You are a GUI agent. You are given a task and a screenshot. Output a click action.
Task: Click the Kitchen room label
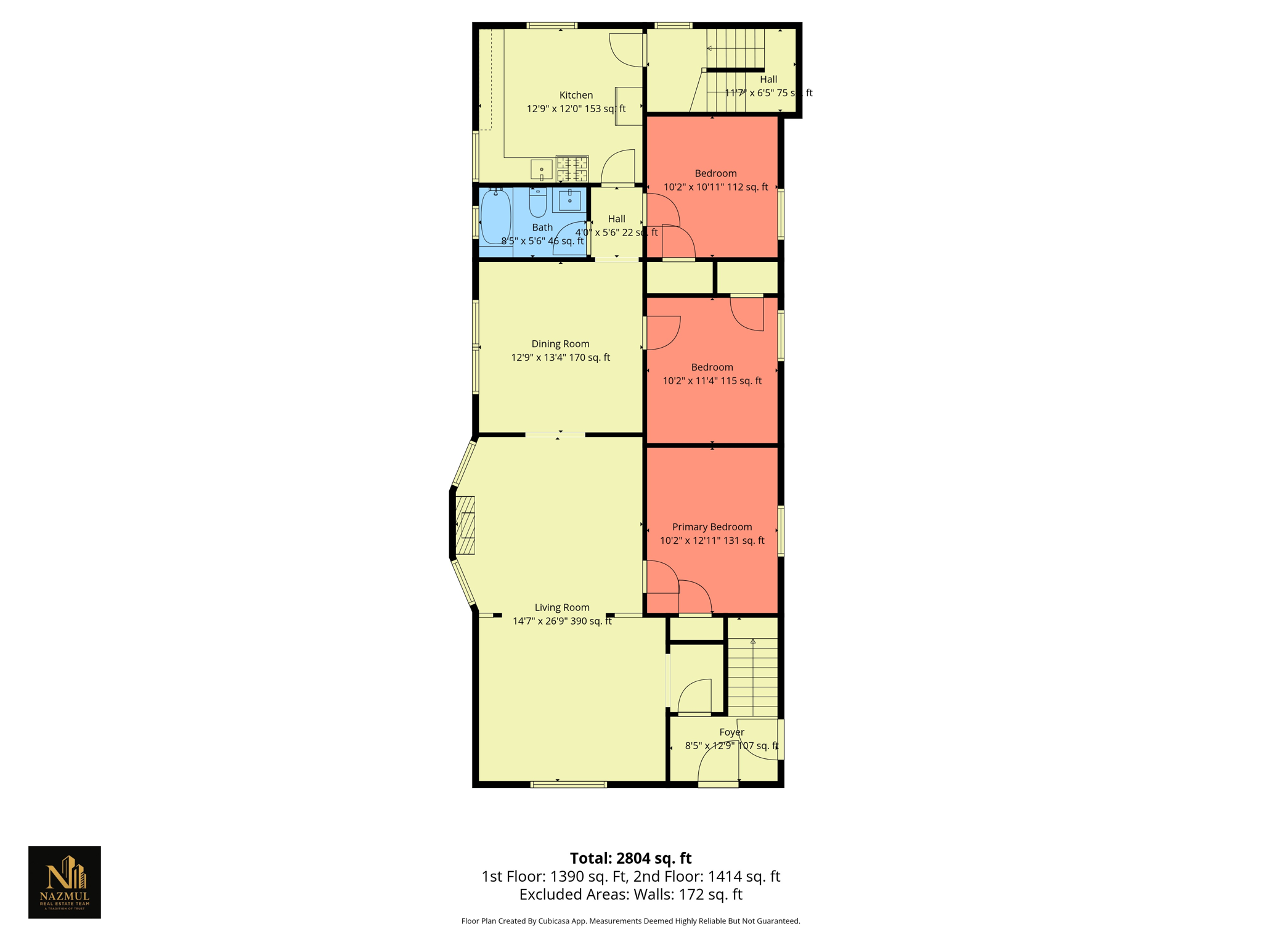click(x=576, y=95)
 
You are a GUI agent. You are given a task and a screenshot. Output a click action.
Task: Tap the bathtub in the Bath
click(x=495, y=217)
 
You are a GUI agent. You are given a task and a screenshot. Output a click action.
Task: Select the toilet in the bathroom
click(x=537, y=203)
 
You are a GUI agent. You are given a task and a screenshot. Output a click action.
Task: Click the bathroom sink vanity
click(x=569, y=200)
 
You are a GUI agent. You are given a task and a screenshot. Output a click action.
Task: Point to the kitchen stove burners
click(x=572, y=169)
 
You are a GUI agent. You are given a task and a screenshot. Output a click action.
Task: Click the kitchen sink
click(x=542, y=169)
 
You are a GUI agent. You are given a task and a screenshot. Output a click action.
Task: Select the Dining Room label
click(x=560, y=344)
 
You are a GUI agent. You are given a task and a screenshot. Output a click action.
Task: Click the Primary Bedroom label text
click(x=712, y=527)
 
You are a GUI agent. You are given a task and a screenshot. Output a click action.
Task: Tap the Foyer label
click(x=731, y=732)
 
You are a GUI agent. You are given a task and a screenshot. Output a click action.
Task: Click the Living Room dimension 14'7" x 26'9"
click(x=562, y=621)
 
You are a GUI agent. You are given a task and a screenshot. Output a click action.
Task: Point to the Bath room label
click(x=542, y=228)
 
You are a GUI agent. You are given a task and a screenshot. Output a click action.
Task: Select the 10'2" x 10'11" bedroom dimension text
click(x=715, y=187)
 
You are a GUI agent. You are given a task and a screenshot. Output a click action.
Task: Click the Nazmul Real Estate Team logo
click(x=65, y=882)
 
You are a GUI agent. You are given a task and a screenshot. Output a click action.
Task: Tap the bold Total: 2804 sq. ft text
click(x=630, y=858)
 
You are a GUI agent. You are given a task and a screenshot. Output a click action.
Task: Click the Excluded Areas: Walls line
click(x=630, y=895)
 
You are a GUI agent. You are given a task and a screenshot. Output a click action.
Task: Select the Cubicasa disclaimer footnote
click(x=630, y=921)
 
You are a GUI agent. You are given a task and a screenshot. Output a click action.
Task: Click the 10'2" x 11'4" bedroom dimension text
click(x=712, y=381)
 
